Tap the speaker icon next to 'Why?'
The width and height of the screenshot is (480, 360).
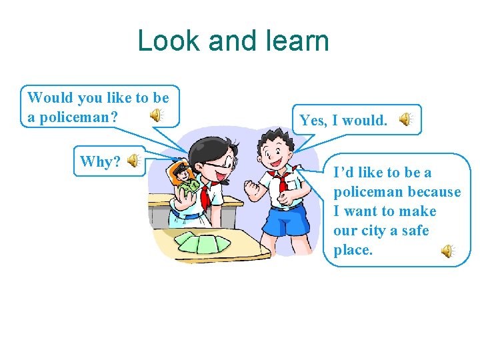click(133, 161)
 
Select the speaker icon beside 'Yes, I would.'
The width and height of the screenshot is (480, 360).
click(405, 119)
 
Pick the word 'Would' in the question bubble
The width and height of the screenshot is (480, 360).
click(50, 98)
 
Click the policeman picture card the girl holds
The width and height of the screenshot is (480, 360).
click(184, 178)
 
